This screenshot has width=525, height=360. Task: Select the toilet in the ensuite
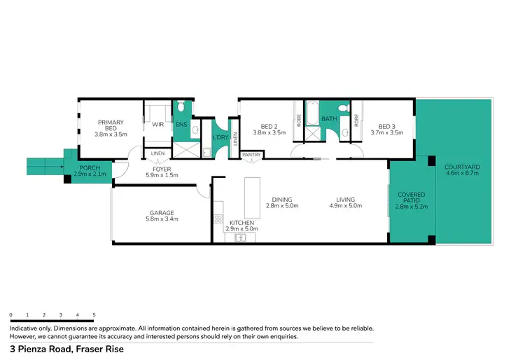coord(181,106)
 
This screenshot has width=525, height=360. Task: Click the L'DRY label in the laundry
coord(220,137)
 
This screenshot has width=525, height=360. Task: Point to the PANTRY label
coord(251,155)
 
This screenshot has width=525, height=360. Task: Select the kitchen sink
coord(239,238)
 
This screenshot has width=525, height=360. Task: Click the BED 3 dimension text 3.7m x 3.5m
coord(386,132)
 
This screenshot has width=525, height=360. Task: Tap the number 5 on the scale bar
coord(94,315)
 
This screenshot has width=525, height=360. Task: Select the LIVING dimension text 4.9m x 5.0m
coord(344,206)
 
